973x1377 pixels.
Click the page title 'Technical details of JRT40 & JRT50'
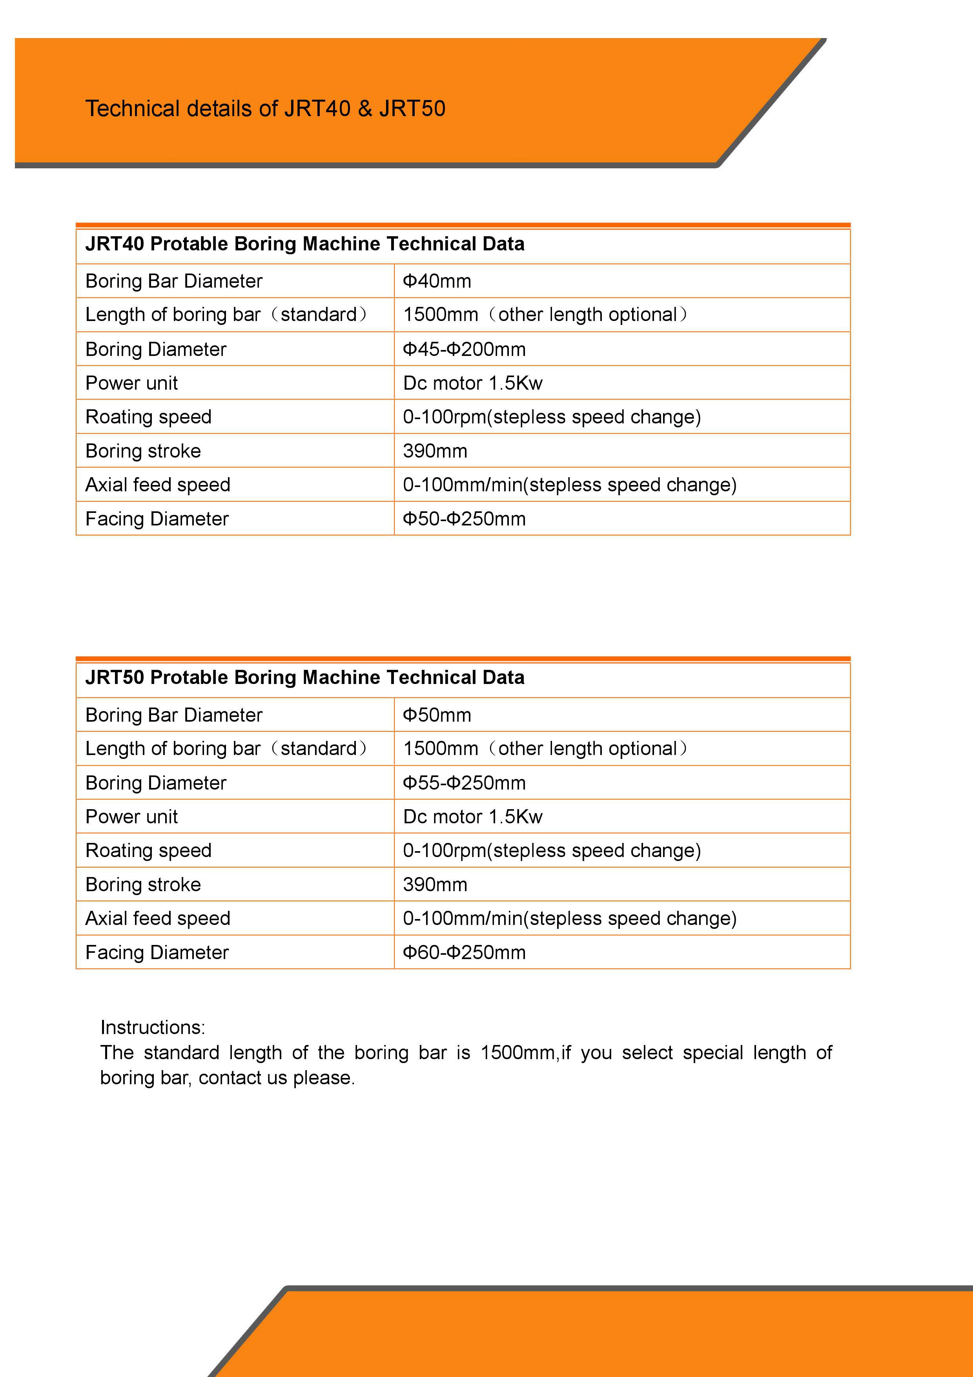[x=265, y=109]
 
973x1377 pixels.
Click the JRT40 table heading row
[x=304, y=244]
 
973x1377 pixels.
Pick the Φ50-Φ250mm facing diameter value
[x=464, y=519]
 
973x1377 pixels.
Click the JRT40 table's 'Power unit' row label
[x=131, y=383]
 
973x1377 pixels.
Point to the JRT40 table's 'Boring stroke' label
[x=143, y=451]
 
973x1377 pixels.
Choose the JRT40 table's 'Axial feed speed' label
[x=158, y=485]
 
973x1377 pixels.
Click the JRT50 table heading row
[x=304, y=678]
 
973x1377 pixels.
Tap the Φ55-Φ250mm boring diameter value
[x=464, y=782]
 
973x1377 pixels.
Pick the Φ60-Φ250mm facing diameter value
[x=464, y=952]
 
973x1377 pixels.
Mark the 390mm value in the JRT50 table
[x=435, y=885]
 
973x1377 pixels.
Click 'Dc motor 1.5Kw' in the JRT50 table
[x=472, y=817]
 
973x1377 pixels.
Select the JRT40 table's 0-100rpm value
[x=552, y=417]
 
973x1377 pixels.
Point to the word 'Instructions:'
[x=152, y=1027]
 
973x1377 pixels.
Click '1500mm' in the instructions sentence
[x=517, y=1052]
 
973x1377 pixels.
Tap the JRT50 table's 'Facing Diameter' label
[x=157, y=952]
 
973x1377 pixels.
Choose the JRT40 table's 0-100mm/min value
[x=570, y=485]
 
